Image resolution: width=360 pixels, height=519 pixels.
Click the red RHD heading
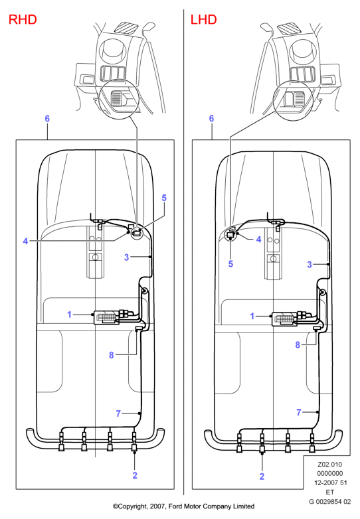coord(23,19)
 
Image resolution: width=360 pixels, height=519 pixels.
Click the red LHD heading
coord(203,19)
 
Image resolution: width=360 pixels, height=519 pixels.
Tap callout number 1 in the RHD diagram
coord(69,314)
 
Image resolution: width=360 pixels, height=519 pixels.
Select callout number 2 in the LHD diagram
coord(262,477)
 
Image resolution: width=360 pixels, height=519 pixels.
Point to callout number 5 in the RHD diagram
coord(164,198)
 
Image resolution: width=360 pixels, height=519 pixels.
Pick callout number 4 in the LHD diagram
coord(258,239)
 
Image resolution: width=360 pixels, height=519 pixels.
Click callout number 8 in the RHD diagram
coord(112,355)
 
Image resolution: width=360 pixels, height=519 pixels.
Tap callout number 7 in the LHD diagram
coord(299,412)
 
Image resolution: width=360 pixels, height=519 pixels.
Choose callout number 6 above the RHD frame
coord(47,119)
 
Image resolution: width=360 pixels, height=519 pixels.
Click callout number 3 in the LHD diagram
coord(310,264)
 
